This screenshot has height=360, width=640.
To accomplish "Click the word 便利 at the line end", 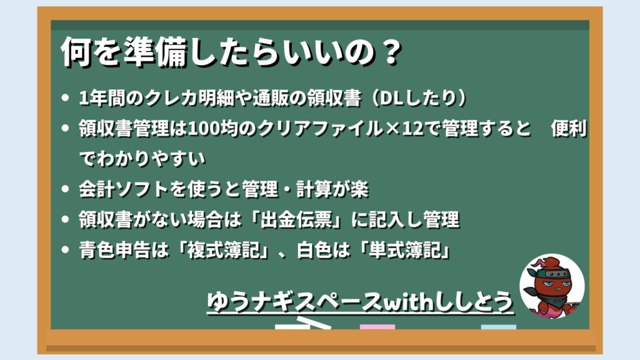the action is [x=569, y=129].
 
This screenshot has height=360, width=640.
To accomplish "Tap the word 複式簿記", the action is [x=223, y=250].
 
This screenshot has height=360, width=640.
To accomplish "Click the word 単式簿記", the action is [x=405, y=250].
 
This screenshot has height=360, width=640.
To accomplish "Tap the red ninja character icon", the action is [x=552, y=286].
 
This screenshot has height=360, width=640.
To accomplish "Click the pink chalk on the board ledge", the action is [x=377, y=327].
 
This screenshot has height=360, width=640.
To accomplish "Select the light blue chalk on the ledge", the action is [x=498, y=327].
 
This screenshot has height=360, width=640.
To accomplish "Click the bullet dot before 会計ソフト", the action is [x=65, y=189].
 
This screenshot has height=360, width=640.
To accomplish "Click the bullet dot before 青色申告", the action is [x=65, y=250].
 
